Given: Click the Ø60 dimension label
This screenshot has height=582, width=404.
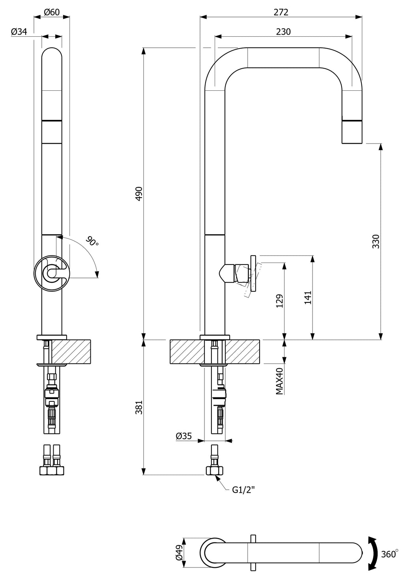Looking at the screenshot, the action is point(52,12).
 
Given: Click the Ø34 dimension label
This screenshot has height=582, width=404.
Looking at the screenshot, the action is point(19,32).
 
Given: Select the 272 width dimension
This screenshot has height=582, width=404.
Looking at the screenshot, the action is point(281,12).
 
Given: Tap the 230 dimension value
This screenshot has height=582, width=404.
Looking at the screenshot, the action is point(283,32).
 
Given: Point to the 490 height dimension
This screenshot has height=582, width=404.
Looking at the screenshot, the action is point(139,194).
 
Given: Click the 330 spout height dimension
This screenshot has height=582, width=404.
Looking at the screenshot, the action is point(376,241).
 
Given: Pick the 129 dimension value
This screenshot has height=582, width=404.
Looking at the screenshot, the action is point(279,301).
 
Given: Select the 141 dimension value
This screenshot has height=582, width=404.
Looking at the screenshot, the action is point(308,297).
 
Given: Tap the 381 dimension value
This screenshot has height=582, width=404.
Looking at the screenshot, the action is point(139,407).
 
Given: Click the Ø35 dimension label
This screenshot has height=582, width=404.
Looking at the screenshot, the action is point(183,436).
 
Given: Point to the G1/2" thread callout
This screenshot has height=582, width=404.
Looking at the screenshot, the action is point(243,490).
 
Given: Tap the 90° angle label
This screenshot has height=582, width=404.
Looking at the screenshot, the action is point(92,241).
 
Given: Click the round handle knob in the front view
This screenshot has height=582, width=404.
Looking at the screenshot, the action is point(52,273).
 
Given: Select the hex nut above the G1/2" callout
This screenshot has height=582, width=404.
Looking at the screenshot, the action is point(215,470).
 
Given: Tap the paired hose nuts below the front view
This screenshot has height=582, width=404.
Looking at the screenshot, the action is point(52,470).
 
